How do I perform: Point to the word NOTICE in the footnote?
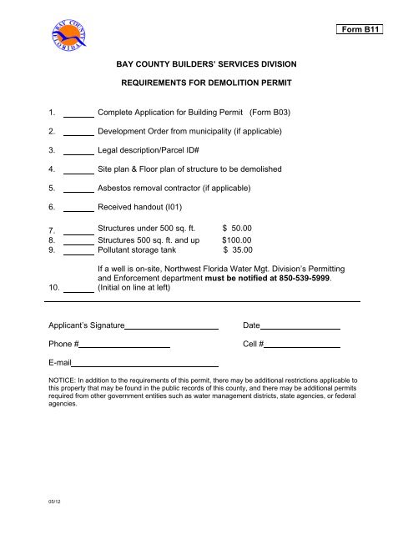(x=63, y=380)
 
